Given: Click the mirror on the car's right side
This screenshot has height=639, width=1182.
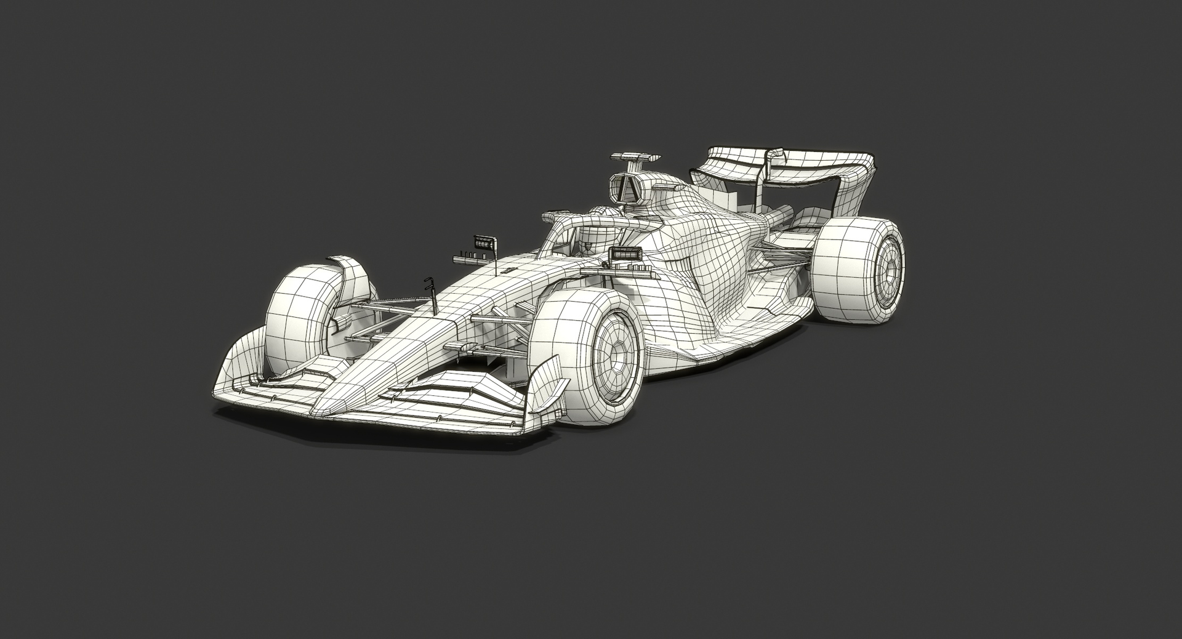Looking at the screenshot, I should tap(485, 242).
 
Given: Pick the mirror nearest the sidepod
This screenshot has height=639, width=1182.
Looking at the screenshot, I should tap(625, 254).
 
